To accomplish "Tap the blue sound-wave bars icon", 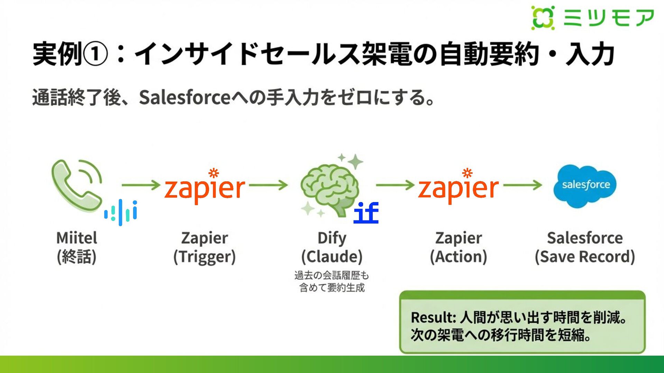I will click(x=121, y=212).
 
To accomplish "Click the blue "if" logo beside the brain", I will click(x=366, y=213).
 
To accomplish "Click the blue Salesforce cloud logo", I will click(x=585, y=186).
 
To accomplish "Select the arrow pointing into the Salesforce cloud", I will click(x=523, y=185).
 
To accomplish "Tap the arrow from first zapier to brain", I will click(x=268, y=185).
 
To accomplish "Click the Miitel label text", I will click(x=77, y=238).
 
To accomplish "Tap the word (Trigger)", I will click(x=204, y=257).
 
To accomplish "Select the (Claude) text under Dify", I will click(x=332, y=257).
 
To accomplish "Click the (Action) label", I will click(x=458, y=257).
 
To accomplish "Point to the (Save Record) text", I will click(x=585, y=257).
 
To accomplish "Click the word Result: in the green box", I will click(x=433, y=317).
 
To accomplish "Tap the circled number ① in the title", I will click(x=96, y=54).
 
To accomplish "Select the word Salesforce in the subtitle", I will click(x=185, y=97).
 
